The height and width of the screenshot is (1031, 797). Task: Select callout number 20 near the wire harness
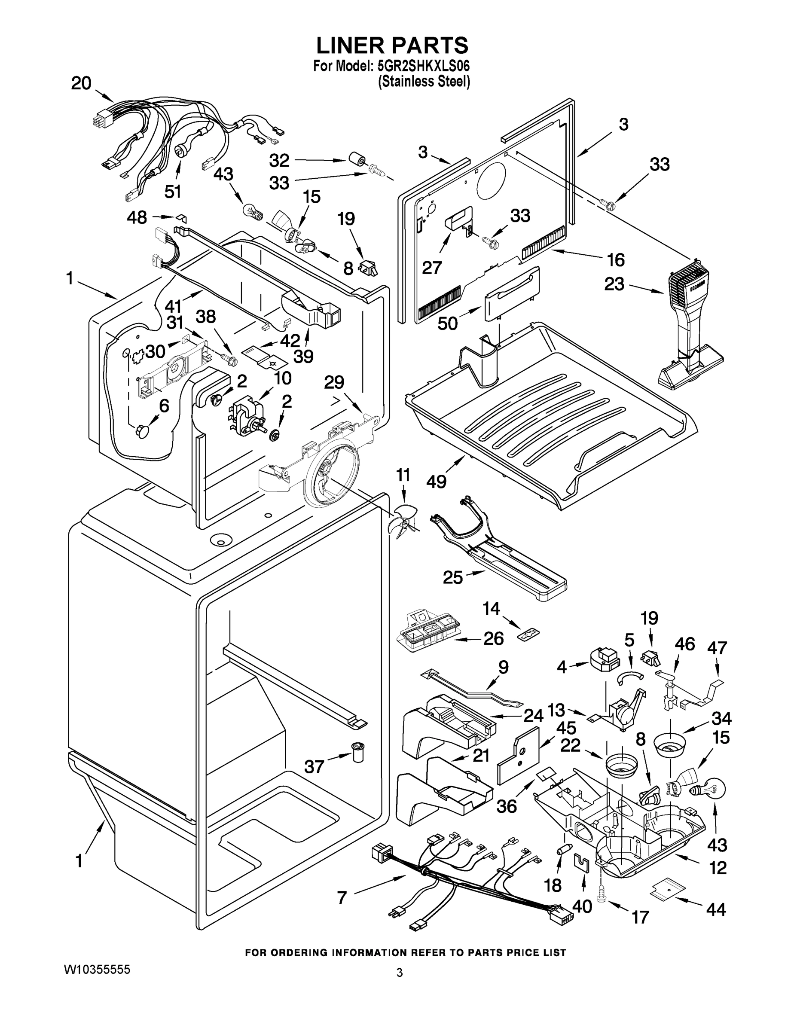click(81, 84)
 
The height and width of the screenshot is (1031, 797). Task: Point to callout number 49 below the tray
click(437, 482)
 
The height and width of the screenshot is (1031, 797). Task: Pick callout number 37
click(314, 766)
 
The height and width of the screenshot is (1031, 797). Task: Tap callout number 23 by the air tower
click(614, 284)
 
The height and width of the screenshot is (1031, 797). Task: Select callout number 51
click(173, 191)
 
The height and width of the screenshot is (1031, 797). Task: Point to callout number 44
click(715, 909)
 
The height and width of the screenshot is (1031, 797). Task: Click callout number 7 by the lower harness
click(342, 897)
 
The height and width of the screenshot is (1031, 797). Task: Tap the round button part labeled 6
click(142, 431)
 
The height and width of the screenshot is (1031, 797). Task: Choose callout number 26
click(494, 638)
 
